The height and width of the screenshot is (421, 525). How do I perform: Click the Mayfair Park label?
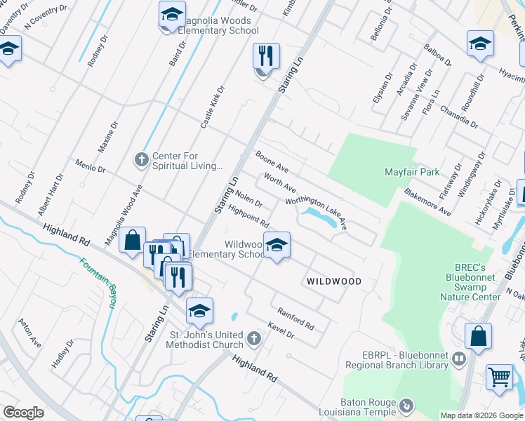click(x=412, y=172)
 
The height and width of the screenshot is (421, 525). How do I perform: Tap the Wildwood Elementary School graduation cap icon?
click(x=277, y=246)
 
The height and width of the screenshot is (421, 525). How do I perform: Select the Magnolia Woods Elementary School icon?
click(x=172, y=15)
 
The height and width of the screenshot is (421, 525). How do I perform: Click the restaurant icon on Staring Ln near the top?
click(x=266, y=56)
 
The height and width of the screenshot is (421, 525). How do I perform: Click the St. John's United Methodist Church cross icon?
click(x=254, y=340)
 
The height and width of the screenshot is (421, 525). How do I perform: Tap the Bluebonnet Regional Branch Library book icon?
click(x=459, y=359)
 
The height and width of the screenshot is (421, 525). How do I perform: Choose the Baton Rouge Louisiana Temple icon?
click(x=406, y=405)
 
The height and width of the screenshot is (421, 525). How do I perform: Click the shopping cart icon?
click(x=499, y=377)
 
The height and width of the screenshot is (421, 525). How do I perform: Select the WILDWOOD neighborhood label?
click(x=334, y=281)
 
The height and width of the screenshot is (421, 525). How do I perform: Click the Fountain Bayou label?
click(x=98, y=282)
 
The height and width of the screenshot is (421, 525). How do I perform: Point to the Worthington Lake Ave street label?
click(x=317, y=213)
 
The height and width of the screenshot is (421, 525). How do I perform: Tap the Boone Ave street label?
click(x=272, y=163)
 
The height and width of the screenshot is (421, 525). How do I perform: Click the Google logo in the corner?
click(x=24, y=412)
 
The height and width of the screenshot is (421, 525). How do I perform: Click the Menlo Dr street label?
click(x=90, y=166)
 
